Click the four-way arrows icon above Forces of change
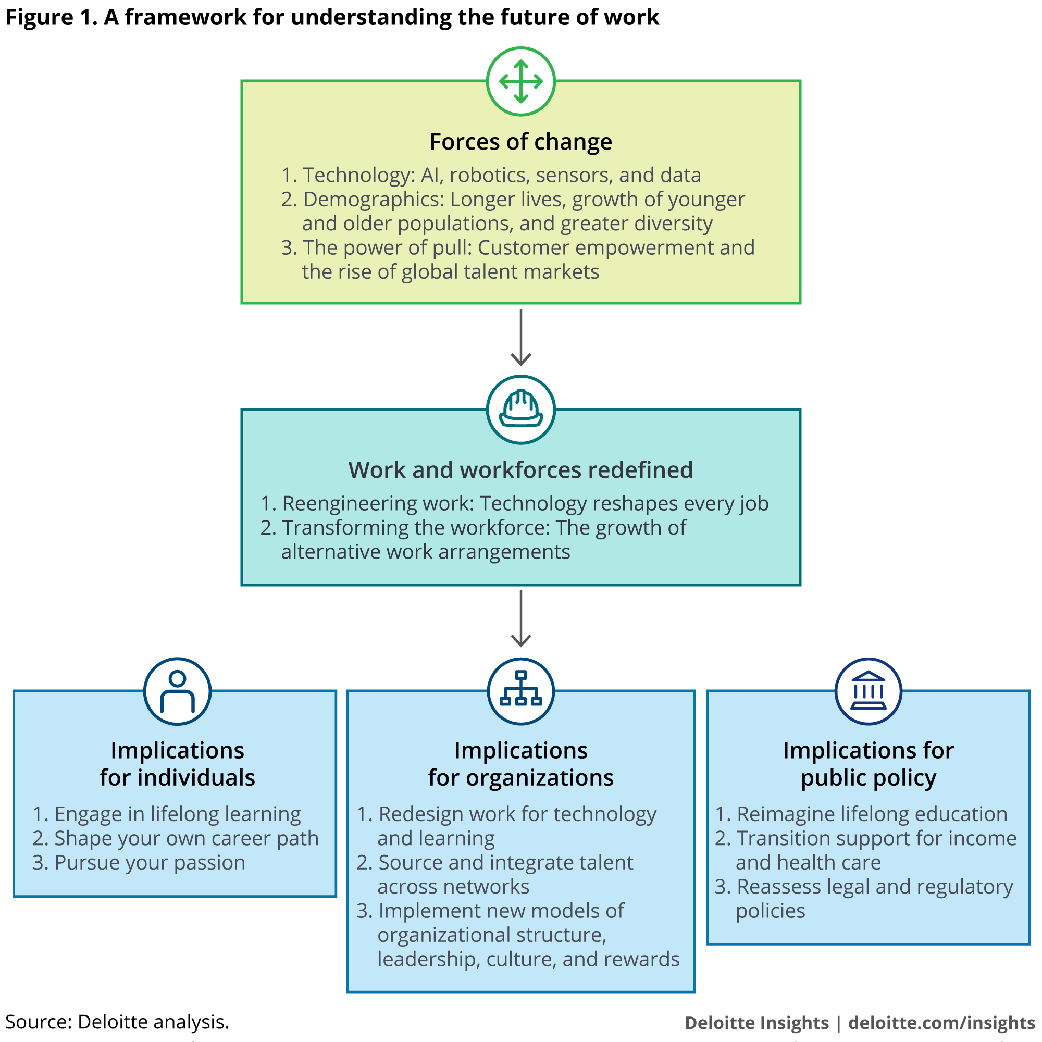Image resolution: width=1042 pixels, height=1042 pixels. pos(520,81)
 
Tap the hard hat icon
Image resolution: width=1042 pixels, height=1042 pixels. pos(520,410)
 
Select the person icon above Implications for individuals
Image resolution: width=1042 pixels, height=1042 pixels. pos(177,691)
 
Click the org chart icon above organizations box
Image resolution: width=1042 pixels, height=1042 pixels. pos(520,691)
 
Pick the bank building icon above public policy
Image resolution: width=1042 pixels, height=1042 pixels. pos(868,691)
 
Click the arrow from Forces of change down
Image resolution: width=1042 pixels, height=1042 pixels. pos(520,338)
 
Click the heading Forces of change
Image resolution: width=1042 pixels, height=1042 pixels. pos(520,142)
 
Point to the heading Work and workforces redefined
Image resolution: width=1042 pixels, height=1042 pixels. pos(520,470)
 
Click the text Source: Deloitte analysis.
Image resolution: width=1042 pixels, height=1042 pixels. pos(117,1022)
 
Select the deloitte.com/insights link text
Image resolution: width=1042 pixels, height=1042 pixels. pos(941,1023)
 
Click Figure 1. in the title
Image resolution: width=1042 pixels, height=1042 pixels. pos(52,17)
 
